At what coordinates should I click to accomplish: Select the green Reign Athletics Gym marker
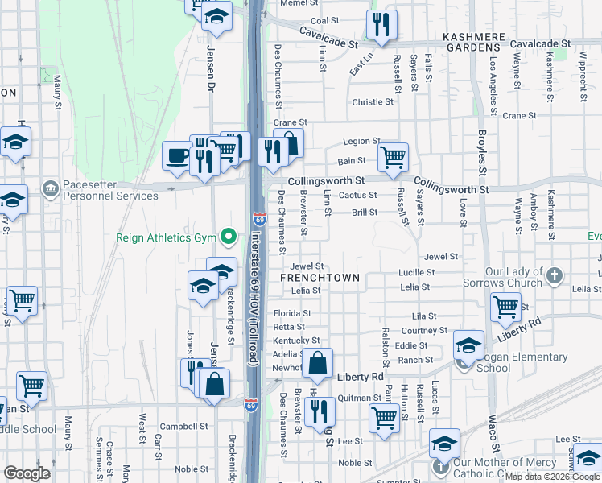tap(229, 236)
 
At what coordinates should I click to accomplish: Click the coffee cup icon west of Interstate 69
tap(176, 155)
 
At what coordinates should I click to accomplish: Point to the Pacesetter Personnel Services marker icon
tap(51, 188)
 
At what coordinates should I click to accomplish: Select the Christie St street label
tap(373, 102)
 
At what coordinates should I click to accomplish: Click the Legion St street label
tap(361, 142)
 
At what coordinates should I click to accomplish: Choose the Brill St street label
tap(365, 213)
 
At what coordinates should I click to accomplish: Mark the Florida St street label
tap(291, 313)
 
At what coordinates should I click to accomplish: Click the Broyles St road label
tap(482, 153)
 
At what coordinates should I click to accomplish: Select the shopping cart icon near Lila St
tap(505, 306)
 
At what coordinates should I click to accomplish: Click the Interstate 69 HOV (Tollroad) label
tap(253, 298)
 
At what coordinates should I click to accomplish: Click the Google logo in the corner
tap(27, 473)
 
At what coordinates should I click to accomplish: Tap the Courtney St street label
tap(424, 331)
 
